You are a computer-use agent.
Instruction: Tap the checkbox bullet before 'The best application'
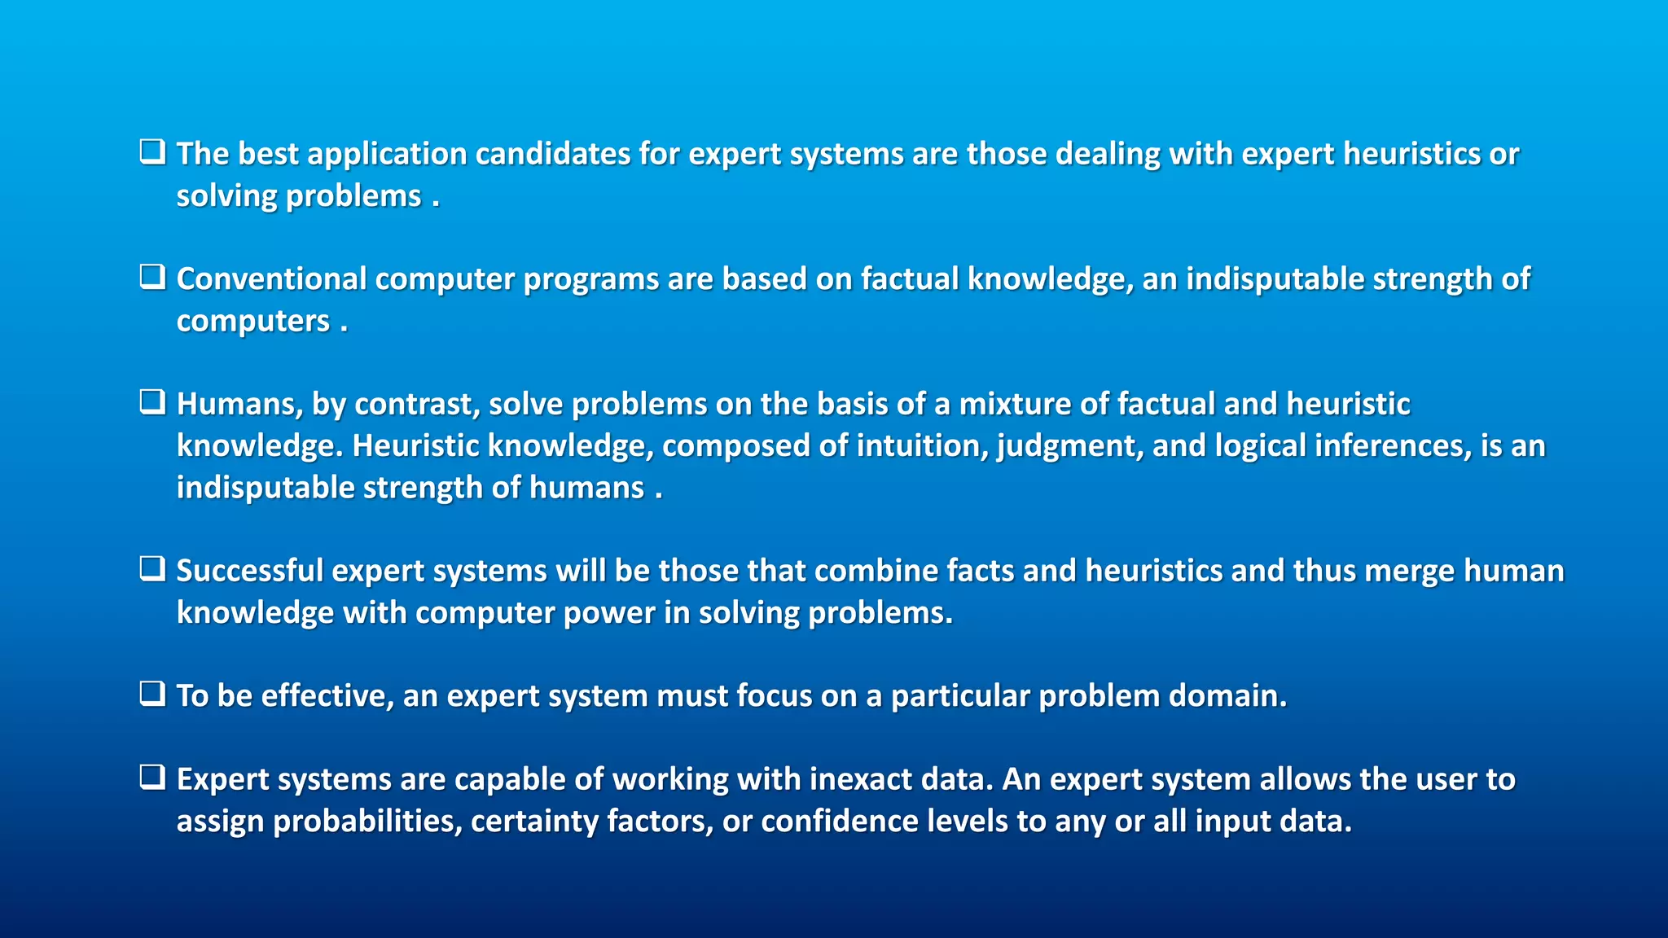click(x=152, y=152)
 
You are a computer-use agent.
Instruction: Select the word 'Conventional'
click(x=271, y=279)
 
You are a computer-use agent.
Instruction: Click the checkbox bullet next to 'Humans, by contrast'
click(x=152, y=402)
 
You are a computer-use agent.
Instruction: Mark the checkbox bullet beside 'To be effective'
click(x=152, y=694)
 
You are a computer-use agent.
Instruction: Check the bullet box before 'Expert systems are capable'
click(x=152, y=778)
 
